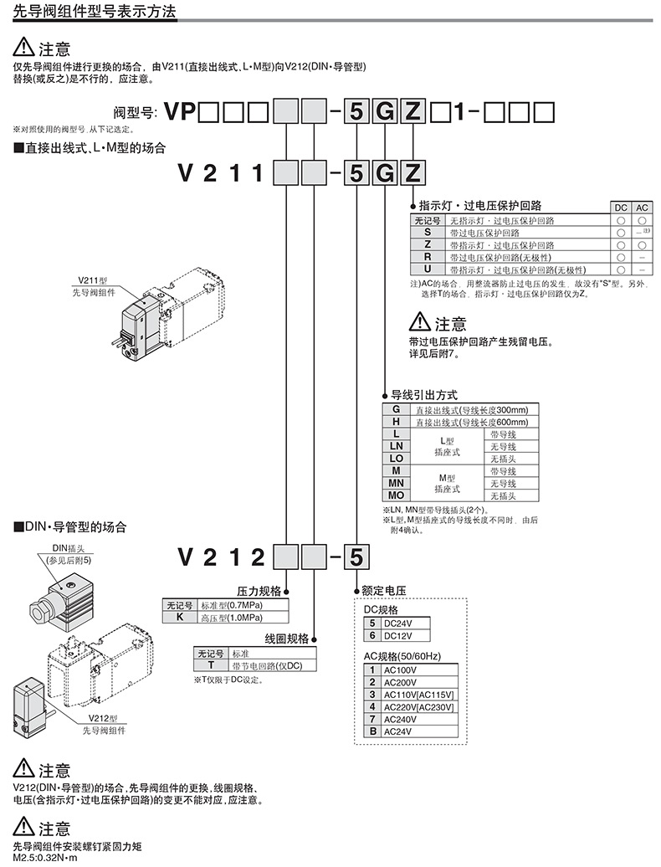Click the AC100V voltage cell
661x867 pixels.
(418, 670)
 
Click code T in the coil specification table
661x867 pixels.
(211, 664)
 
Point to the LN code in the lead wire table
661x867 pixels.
(397, 446)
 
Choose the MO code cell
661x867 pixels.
(397, 495)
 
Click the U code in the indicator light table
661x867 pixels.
(428, 269)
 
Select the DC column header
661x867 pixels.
(620, 208)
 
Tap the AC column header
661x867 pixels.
(641, 208)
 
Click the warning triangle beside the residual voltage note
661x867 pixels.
(420, 321)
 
